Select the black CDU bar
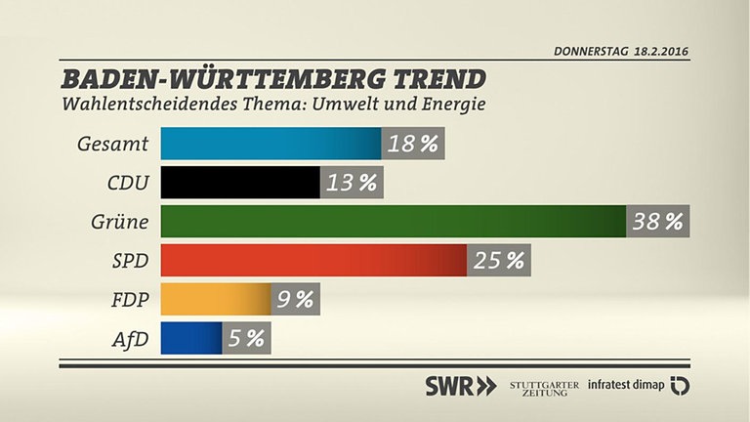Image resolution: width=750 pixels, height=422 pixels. (x=240, y=183)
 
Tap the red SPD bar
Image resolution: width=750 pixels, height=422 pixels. (x=313, y=261)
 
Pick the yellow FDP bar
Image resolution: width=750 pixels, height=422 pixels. (x=215, y=299)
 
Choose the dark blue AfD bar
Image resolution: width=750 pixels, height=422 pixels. (x=191, y=338)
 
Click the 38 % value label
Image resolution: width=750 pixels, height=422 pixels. (x=657, y=222)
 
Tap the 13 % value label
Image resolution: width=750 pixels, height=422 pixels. (x=352, y=183)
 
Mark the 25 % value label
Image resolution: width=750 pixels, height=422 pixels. (x=498, y=261)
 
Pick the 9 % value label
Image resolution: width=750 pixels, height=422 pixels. (x=295, y=299)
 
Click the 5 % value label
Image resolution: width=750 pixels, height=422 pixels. (x=246, y=338)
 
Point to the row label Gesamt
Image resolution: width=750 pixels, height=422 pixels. (x=112, y=145)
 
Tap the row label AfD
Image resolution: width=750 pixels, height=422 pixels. (x=128, y=338)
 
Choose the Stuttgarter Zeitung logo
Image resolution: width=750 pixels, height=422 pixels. (x=543, y=385)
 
